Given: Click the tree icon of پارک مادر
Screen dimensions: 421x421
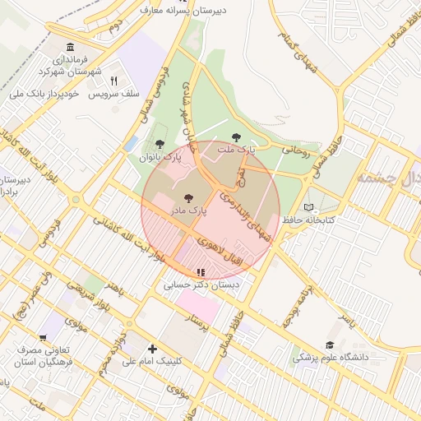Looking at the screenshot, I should point(188,198).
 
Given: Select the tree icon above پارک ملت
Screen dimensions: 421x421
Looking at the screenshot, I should point(237,137).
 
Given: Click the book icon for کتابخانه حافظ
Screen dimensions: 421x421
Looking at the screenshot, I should point(309,207).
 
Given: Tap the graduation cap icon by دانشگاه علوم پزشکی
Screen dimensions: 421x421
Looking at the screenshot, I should point(330,345).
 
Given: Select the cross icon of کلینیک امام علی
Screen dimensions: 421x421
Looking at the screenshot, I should point(151,349).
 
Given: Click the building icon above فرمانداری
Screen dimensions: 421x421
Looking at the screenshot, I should point(68,46).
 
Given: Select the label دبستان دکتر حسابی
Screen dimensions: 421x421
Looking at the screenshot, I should point(201,285).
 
